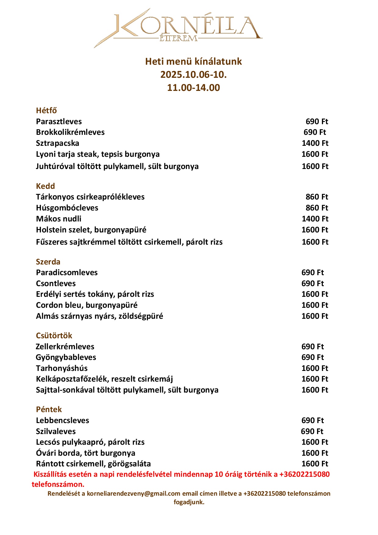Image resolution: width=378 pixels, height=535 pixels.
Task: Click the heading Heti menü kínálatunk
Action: [193, 61]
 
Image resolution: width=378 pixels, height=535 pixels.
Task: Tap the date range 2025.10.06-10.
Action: [193, 74]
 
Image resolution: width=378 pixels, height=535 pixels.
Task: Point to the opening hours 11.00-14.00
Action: [193, 88]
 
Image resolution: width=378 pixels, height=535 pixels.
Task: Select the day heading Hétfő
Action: [46, 110]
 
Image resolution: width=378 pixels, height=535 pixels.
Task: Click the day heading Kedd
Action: [45, 186]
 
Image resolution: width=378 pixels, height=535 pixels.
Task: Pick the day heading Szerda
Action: [48, 262]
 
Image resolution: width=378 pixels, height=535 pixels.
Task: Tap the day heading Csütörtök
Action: [54, 336]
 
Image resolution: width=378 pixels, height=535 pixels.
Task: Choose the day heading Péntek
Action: [49, 409]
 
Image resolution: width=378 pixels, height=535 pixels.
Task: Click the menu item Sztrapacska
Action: [58, 143]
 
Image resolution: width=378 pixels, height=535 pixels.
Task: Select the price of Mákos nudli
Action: [315, 219]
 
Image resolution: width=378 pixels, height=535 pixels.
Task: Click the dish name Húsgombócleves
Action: [67, 208]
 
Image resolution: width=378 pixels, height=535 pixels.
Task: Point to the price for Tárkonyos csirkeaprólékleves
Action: [317, 197]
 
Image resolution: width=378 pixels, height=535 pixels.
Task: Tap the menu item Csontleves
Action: [56, 283]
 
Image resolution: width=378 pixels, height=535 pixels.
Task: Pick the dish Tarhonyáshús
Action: [62, 368]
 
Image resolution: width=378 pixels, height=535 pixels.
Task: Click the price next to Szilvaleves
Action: [312, 431]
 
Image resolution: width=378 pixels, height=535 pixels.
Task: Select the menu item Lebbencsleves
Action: [62, 420]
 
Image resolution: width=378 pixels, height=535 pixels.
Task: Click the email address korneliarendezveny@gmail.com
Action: [134, 494]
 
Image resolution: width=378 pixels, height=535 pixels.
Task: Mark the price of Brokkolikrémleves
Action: [315, 132]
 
